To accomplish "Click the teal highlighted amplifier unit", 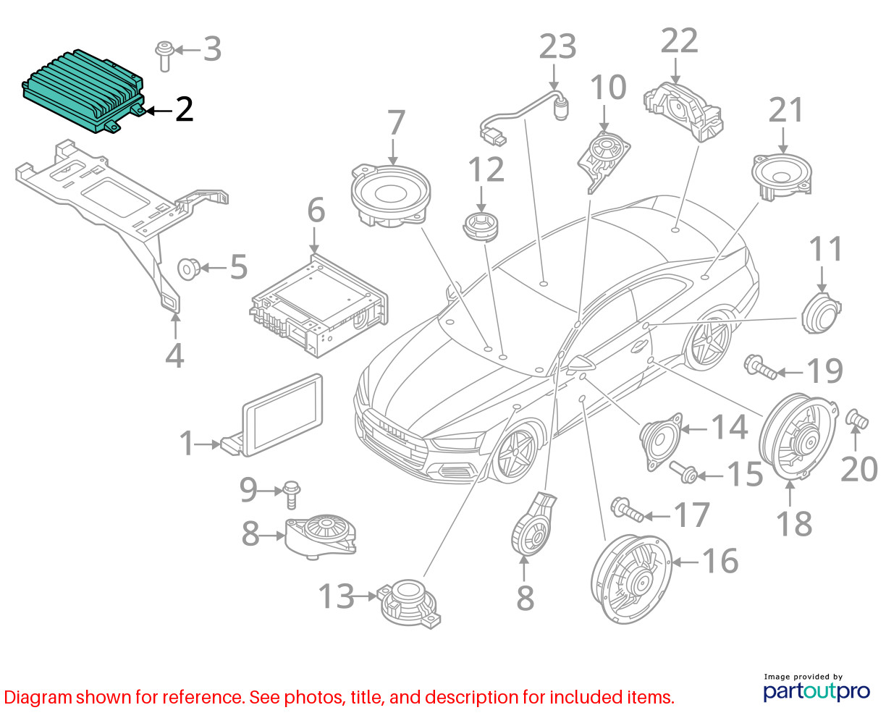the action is (x=83, y=91).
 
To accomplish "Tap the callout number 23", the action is (x=557, y=46).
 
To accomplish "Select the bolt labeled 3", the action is (x=164, y=56).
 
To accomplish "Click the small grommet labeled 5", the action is (x=189, y=269).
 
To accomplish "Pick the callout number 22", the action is (x=679, y=41).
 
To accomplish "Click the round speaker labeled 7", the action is (x=391, y=196).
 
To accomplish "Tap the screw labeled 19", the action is (x=760, y=367).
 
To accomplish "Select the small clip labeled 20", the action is (x=857, y=419).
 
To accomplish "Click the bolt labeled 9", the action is (x=292, y=494).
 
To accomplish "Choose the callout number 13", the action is (x=336, y=596).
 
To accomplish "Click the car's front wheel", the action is (x=515, y=453).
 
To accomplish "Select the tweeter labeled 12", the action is (x=481, y=227).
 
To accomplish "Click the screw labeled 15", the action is (x=683, y=472).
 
